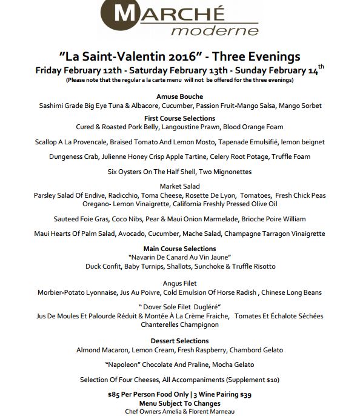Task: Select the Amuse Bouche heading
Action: [x=179, y=96]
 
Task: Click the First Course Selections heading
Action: [x=179, y=118]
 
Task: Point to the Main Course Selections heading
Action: [x=179, y=249]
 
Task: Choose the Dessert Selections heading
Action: [x=179, y=341]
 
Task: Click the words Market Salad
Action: [x=179, y=186]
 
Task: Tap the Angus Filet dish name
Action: [x=179, y=283]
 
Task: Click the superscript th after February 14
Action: [x=322, y=66]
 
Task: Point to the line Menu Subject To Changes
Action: [x=179, y=403]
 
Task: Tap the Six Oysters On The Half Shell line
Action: [x=179, y=172]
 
